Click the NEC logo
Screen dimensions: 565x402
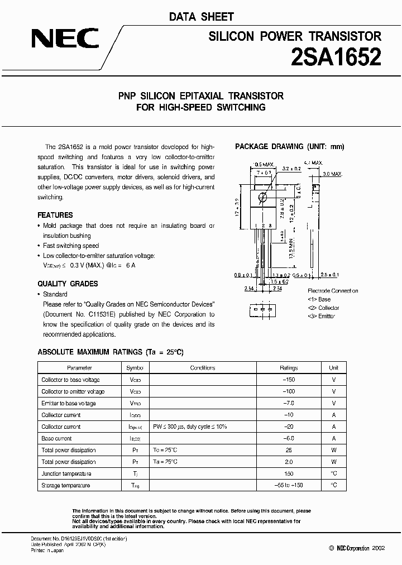click(65, 39)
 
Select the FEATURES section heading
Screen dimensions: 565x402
click(55, 215)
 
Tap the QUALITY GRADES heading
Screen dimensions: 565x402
click(67, 284)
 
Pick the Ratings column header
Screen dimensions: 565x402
click(289, 368)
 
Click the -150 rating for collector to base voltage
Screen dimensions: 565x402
click(289, 380)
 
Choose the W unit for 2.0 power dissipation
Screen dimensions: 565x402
click(333, 462)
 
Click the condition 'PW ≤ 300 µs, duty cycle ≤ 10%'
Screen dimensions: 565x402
click(190, 427)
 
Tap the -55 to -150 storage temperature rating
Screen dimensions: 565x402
click(289, 485)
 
